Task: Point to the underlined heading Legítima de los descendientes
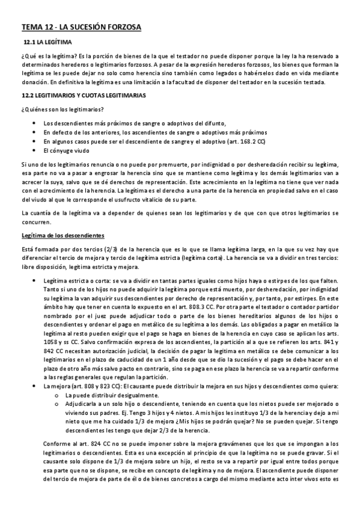click(63, 235)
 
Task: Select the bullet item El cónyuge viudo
click(67, 150)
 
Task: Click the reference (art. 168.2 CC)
click(236, 141)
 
